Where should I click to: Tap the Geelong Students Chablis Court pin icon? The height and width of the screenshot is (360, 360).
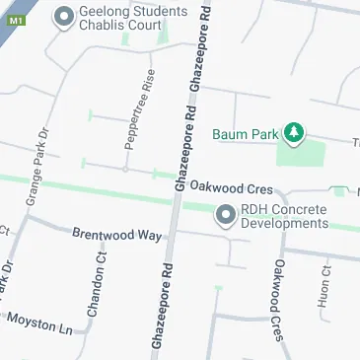[65, 16]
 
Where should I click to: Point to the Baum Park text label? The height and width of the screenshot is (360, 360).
[246, 134]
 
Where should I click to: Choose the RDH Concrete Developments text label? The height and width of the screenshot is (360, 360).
[284, 215]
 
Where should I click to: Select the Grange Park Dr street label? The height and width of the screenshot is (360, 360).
[36, 167]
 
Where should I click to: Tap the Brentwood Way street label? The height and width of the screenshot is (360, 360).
[116, 235]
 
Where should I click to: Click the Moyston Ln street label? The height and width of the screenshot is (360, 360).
[40, 322]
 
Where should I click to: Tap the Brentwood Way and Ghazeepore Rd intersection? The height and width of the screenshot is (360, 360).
[170, 238]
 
